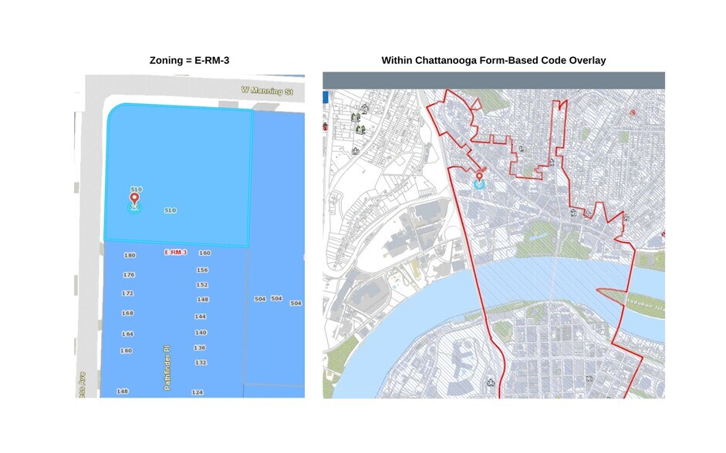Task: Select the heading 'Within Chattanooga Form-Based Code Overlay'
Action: tap(494, 59)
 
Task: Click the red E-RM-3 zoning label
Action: tap(176, 253)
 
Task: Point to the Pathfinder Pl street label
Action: tap(167, 367)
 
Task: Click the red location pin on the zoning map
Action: tap(134, 200)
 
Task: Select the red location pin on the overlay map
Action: tap(480, 178)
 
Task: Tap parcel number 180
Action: tap(129, 255)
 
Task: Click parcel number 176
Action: tap(129, 275)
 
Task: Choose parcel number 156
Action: tap(202, 270)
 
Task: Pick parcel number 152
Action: tap(202, 285)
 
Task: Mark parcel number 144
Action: tap(201, 317)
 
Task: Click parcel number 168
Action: tap(127, 314)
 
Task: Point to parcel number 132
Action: tap(201, 362)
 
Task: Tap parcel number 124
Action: tap(197, 393)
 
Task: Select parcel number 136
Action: tap(200, 347)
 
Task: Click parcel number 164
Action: tap(127, 334)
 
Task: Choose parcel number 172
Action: tap(127, 294)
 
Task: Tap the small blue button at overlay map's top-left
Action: tap(326, 97)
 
